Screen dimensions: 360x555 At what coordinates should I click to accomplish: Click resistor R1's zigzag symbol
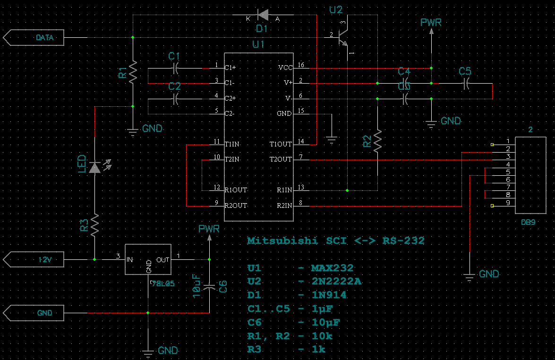click(x=133, y=72)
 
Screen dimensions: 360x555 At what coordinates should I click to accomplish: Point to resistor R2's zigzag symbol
click(x=377, y=140)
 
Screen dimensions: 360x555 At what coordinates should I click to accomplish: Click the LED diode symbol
click(x=95, y=167)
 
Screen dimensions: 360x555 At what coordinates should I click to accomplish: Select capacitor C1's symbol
click(x=175, y=68)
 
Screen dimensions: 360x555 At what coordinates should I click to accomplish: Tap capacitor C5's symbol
click(x=465, y=84)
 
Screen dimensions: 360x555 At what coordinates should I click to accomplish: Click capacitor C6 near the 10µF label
click(x=209, y=286)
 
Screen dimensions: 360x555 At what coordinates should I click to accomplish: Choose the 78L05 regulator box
click(x=148, y=259)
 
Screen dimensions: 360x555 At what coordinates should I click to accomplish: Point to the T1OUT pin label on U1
click(x=281, y=144)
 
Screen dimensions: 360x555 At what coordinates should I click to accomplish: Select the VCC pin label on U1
click(x=285, y=68)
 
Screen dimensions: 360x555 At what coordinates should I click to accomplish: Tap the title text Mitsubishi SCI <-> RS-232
click(x=335, y=241)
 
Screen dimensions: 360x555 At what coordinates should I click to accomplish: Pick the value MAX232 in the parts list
click(x=332, y=268)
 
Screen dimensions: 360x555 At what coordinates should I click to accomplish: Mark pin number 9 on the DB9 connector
click(x=508, y=203)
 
